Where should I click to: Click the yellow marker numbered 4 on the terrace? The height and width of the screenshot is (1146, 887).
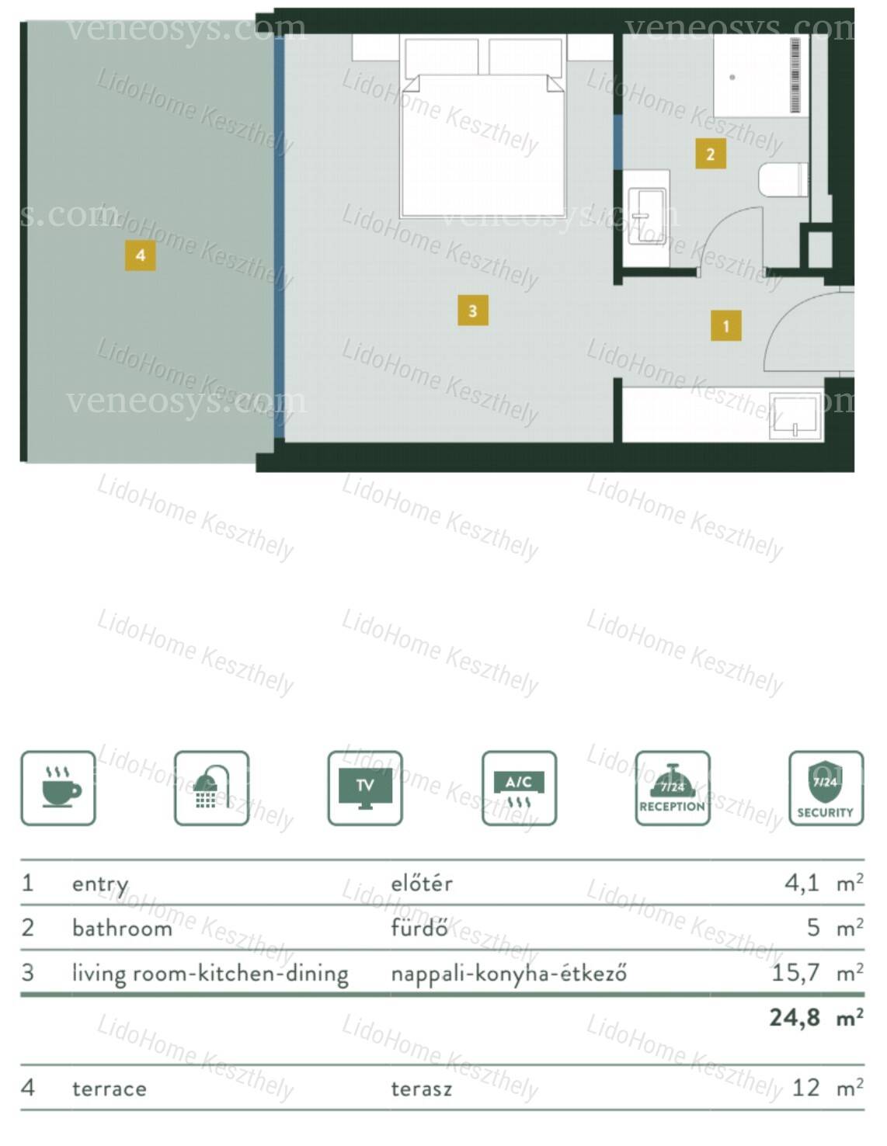click(141, 255)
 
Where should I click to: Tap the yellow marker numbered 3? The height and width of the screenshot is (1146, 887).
click(472, 311)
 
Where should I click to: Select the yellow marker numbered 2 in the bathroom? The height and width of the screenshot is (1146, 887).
click(711, 154)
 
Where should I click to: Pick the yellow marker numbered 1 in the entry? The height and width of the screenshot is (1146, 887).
click(725, 326)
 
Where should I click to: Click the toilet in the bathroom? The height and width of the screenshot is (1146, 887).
click(783, 180)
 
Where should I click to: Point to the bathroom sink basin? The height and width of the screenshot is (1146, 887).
click(647, 216)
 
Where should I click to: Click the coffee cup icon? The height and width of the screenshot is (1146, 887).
click(58, 788)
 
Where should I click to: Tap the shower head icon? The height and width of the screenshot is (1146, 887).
click(211, 788)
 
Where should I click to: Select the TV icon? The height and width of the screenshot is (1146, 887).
click(365, 788)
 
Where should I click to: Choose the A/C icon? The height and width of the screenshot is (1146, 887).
click(519, 788)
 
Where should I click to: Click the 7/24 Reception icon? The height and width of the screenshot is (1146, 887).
click(673, 788)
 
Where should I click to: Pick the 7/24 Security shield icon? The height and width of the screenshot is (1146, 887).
click(826, 788)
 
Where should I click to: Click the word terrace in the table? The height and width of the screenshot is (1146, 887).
click(110, 1089)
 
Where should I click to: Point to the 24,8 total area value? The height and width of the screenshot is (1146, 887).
click(795, 1017)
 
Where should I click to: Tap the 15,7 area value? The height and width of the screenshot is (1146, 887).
click(795, 972)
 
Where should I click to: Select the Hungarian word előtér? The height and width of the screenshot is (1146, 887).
click(421, 883)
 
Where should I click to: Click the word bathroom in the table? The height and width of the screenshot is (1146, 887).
click(122, 928)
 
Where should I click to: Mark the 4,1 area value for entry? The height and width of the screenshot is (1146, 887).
click(802, 882)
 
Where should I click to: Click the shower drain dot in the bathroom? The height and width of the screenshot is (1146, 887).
click(732, 77)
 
